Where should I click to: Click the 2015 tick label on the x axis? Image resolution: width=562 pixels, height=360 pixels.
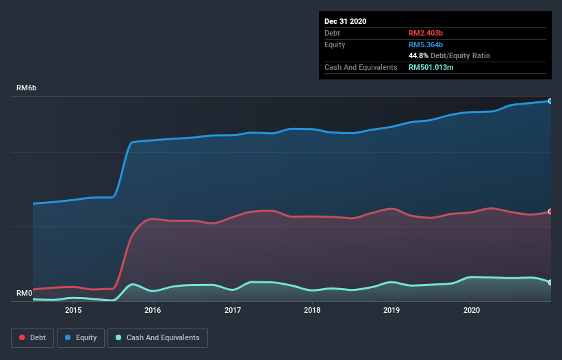(73, 310)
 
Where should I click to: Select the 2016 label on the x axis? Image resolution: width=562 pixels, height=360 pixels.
(153, 310)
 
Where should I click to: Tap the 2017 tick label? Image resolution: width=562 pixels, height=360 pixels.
(233, 310)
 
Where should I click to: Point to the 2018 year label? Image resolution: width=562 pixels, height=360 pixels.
(312, 310)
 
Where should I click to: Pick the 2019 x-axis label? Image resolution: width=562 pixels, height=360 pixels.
(392, 310)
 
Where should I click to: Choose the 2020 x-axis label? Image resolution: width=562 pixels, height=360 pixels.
(472, 310)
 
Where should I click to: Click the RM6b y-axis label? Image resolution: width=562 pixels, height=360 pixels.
(27, 88)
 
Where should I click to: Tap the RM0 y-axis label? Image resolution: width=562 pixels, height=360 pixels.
(25, 293)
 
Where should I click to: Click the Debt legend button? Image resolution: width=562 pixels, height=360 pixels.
(33, 337)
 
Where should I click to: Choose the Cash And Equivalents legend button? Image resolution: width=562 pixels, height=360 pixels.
(157, 337)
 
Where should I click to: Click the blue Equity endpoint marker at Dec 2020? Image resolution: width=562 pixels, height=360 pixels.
(550, 101)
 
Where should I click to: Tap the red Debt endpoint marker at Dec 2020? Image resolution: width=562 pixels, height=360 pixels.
(550, 211)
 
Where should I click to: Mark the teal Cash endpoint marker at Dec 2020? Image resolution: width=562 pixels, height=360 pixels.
(550, 282)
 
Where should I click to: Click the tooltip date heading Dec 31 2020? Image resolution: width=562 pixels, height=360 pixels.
(345, 21)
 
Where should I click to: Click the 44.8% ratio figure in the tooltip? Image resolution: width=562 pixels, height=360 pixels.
(418, 55)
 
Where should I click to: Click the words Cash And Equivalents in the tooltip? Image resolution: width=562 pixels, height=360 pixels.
(361, 67)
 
